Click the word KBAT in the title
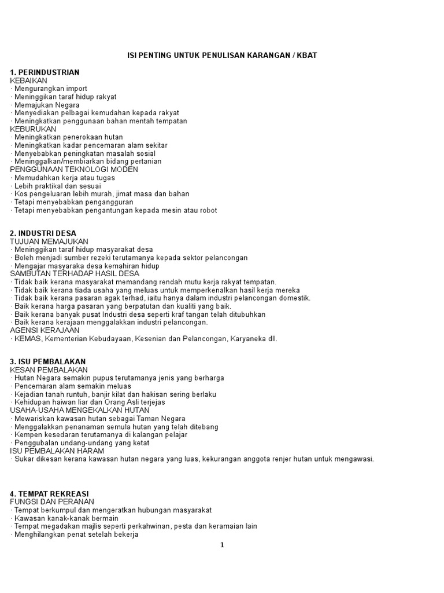(307, 55)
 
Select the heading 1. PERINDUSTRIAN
(45, 72)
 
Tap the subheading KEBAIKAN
(28, 80)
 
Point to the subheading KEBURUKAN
(33, 129)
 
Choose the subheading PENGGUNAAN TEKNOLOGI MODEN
(74, 170)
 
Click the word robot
(207, 210)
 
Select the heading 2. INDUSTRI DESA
(43, 233)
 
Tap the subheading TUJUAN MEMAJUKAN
(49, 241)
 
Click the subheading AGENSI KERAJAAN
(45, 330)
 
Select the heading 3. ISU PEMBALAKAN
(47, 361)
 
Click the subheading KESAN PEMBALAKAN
(49, 369)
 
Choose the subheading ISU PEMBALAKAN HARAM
(57, 451)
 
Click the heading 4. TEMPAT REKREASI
(49, 493)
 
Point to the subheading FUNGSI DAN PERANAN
(52, 502)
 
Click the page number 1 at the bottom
(222, 545)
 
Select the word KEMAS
(27, 339)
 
